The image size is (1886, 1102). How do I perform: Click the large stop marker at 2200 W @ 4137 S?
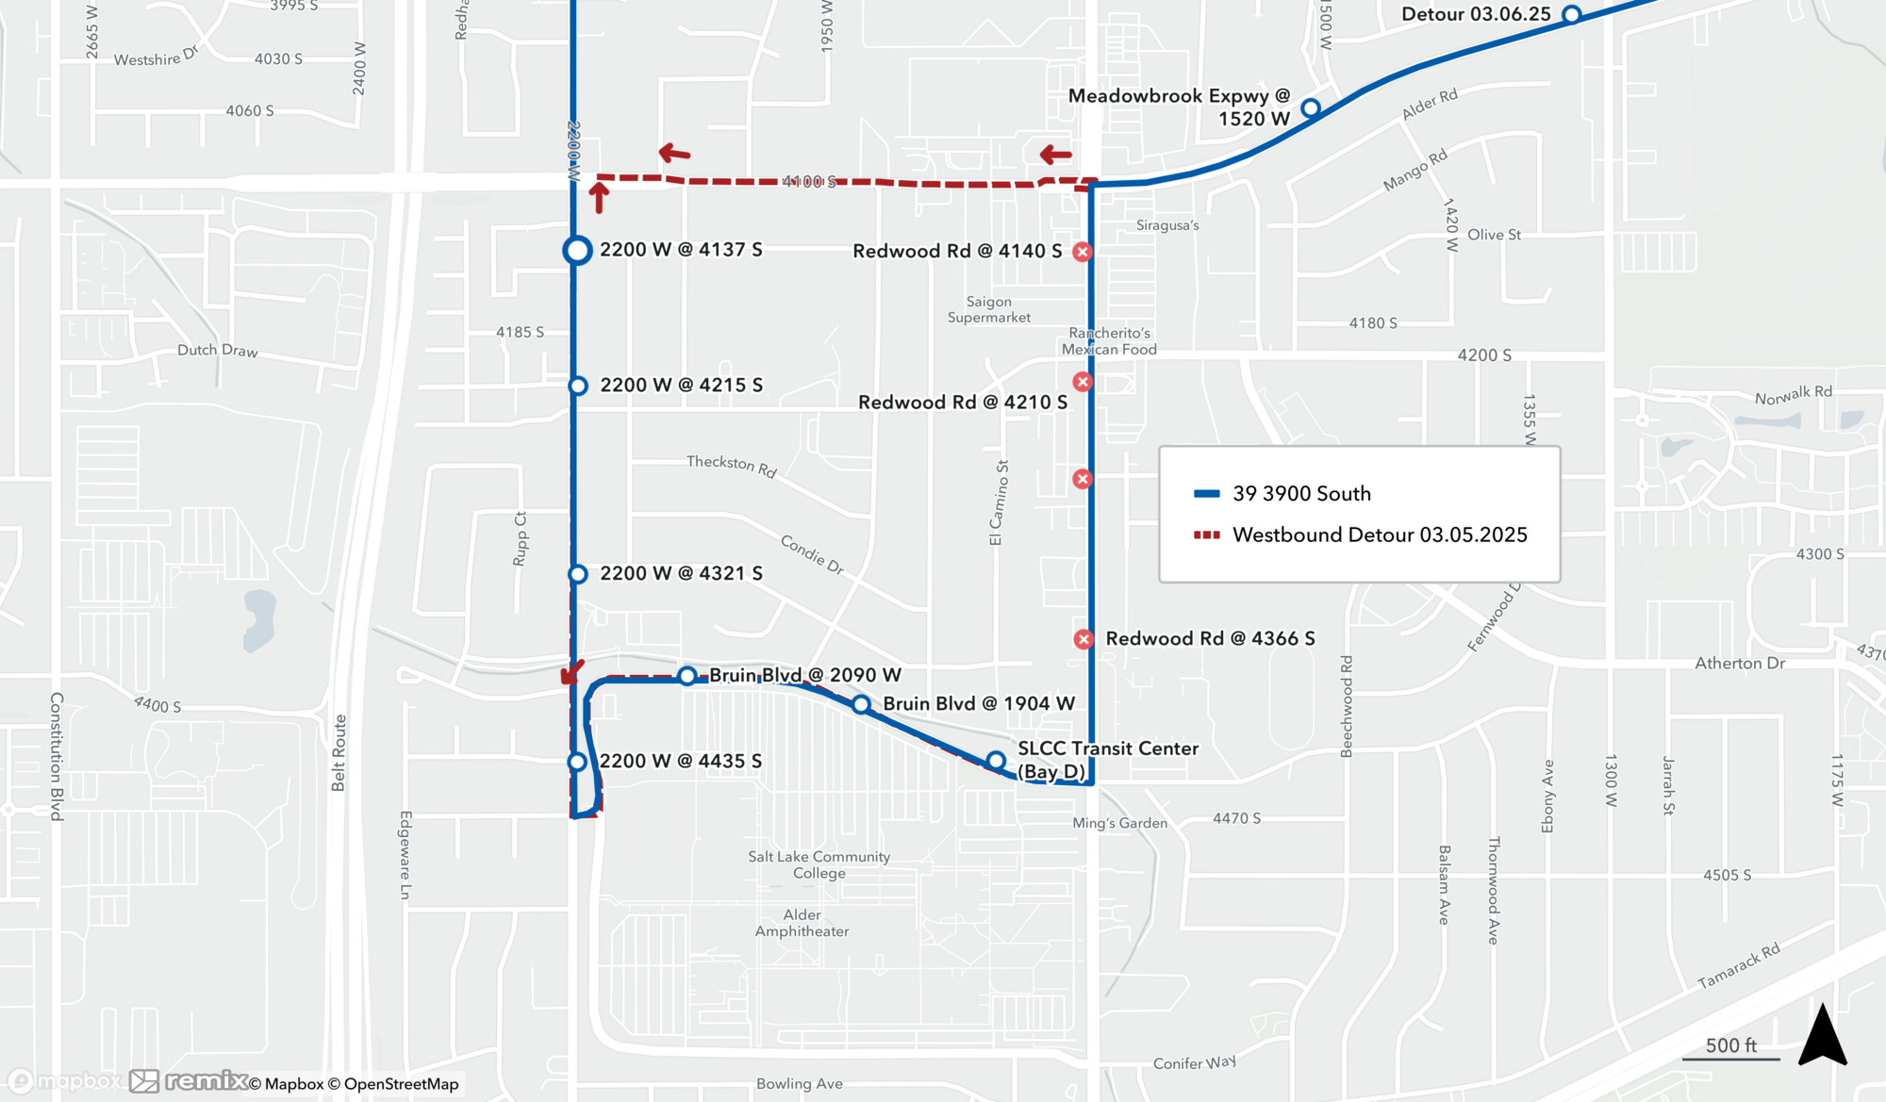[x=577, y=250]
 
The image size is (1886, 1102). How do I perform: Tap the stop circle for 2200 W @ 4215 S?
[x=578, y=386]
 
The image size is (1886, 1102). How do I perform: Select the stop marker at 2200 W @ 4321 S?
[x=578, y=574]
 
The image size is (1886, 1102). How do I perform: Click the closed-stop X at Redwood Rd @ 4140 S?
[x=1083, y=252]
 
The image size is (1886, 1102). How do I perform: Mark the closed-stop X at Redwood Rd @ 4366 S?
[x=1084, y=639]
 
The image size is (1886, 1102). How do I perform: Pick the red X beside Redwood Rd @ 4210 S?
[x=1083, y=382]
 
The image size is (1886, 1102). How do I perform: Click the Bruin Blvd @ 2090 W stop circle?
[x=687, y=676]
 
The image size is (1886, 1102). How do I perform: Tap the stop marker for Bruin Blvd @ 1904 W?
[x=861, y=704]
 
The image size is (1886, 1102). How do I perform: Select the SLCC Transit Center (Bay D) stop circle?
[x=996, y=761]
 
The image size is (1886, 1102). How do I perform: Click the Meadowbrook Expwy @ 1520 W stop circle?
[x=1310, y=108]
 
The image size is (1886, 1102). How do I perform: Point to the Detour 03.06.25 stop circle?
[x=1571, y=14]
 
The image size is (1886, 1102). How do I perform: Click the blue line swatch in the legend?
[x=1207, y=493]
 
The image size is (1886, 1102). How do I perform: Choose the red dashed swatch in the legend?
[x=1207, y=535]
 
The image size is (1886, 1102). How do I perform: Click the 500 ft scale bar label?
[x=1730, y=1045]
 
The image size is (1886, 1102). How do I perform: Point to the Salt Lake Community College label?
[x=819, y=864]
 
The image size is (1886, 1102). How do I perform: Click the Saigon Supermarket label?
[x=988, y=309]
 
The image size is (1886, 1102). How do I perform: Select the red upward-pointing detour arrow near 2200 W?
[x=599, y=197]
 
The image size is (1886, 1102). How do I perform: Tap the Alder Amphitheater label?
[x=802, y=923]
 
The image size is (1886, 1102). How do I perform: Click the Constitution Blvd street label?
[x=57, y=756]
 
